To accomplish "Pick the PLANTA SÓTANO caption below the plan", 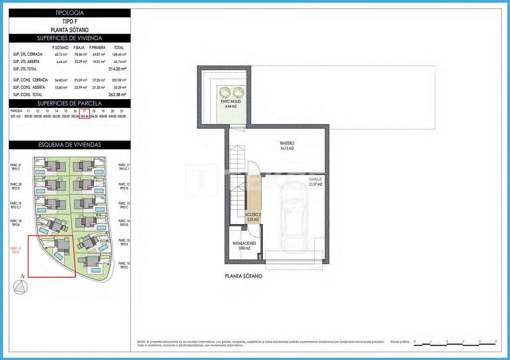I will click(x=243, y=276).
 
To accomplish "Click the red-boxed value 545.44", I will click(x=84, y=116).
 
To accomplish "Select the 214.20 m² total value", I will click(x=118, y=69).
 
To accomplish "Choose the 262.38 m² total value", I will click(x=118, y=94).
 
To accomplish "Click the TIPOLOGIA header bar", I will click(x=70, y=13).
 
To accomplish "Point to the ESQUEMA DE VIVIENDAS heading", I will click(x=70, y=145).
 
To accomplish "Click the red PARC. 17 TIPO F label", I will click(x=16, y=250).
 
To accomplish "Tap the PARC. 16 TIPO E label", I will click(x=124, y=266).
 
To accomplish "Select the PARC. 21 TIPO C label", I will click(x=16, y=167).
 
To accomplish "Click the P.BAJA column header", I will click(x=79, y=47).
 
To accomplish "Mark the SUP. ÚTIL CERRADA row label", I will click(x=28, y=55).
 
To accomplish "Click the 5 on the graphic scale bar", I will click(x=496, y=341).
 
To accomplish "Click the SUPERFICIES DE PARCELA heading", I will click(x=70, y=104).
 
